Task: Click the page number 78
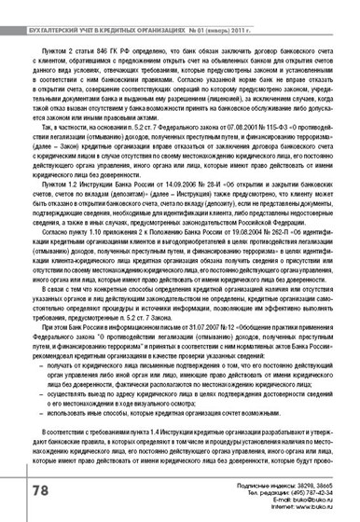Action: (x=21, y=488)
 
